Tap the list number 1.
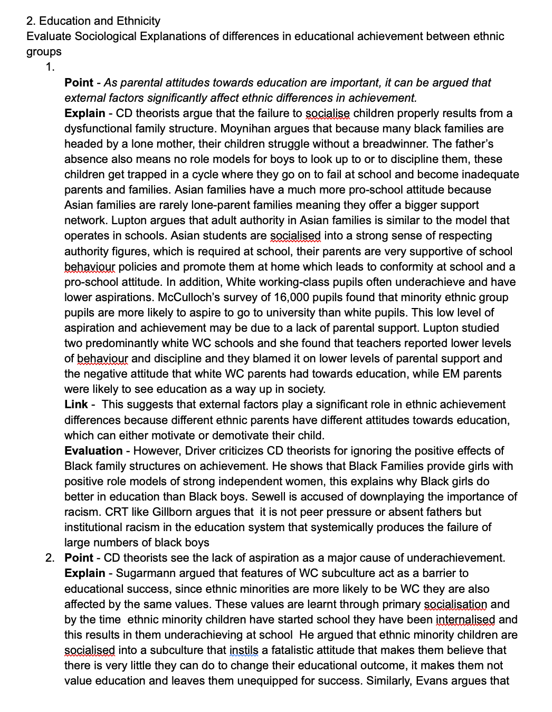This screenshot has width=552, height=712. tap(50, 67)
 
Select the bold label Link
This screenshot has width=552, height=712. tap(76, 405)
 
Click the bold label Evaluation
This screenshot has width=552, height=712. tap(93, 451)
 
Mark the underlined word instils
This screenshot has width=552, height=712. tap(244, 650)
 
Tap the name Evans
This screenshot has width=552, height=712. tap(434, 681)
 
